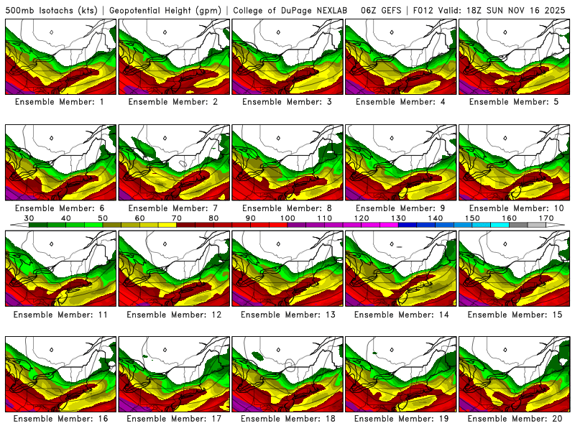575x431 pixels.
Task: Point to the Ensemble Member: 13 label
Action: (287, 315)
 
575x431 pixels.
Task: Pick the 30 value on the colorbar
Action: (29, 218)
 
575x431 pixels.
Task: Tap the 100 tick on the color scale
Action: (287, 218)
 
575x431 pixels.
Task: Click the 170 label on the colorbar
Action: (546, 218)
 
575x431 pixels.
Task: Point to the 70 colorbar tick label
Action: (177, 218)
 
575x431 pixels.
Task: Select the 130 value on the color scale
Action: (398, 218)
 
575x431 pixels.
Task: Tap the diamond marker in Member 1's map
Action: (52, 32)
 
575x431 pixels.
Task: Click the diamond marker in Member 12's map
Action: (165, 244)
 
